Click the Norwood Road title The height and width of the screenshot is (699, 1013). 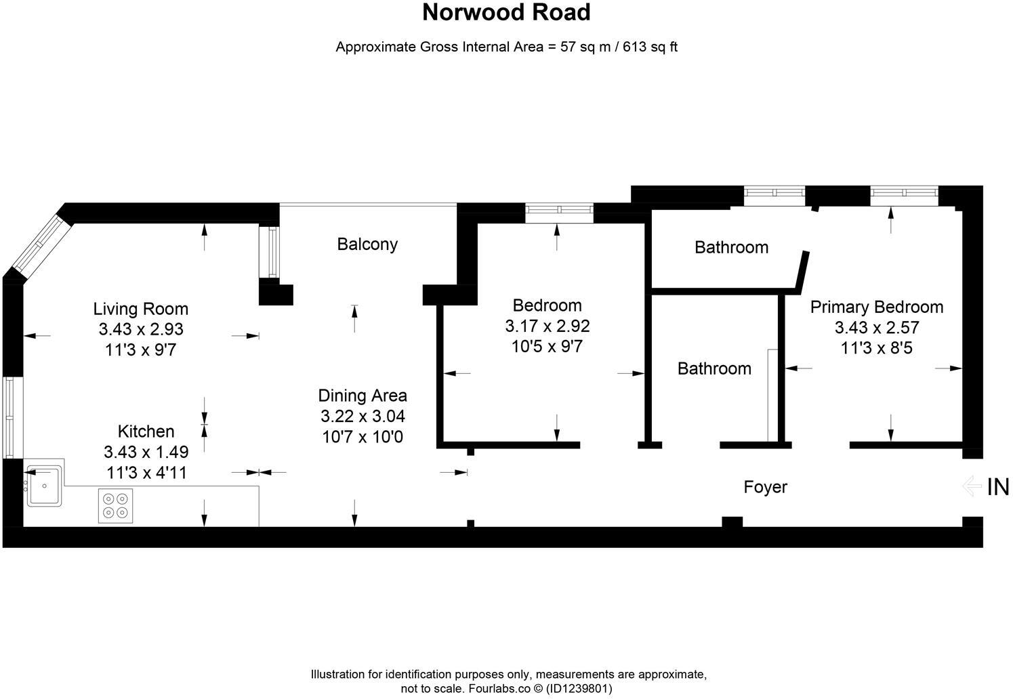click(506, 12)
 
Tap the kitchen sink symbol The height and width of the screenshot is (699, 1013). click(44, 486)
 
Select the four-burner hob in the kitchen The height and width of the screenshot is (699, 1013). click(115, 506)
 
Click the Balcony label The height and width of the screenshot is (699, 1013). click(367, 244)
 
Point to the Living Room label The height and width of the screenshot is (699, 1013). click(141, 309)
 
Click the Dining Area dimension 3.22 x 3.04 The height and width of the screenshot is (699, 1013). click(363, 416)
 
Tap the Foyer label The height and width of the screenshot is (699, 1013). click(765, 487)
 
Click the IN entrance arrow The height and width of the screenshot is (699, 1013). click(972, 486)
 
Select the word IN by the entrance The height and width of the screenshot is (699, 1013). click(998, 487)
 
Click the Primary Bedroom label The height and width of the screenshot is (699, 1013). click(877, 307)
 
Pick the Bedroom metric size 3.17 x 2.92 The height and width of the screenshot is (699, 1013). click(547, 326)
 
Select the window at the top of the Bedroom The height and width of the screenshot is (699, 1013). click(559, 212)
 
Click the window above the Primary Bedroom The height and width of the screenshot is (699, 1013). click(904, 195)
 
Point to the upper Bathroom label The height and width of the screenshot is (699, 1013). click(731, 247)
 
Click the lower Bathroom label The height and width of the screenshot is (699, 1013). click(714, 368)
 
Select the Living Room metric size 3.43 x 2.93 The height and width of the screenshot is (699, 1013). click(141, 329)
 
